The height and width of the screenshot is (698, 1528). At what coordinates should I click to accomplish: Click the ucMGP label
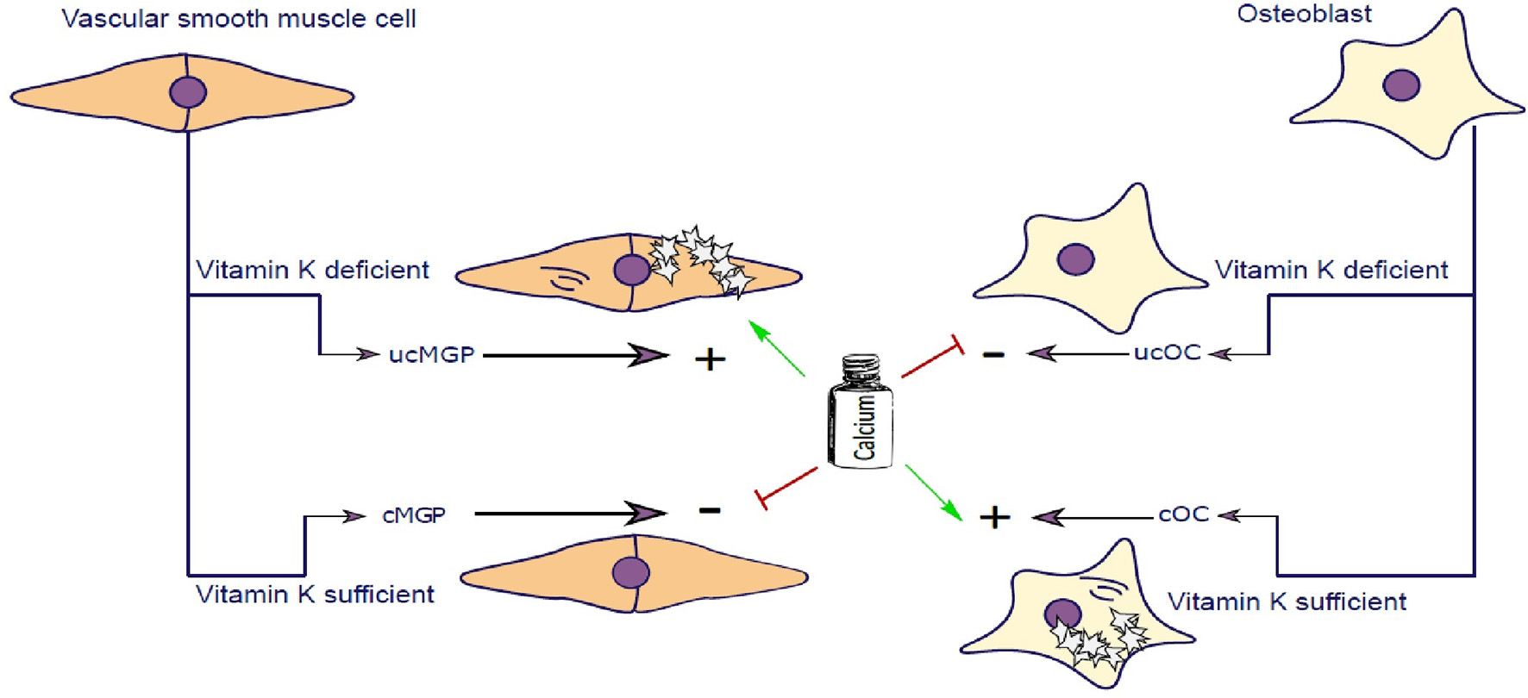(431, 354)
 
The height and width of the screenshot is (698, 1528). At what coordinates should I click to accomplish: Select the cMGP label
(414, 515)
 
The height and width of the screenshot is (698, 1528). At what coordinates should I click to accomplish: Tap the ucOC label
(1167, 352)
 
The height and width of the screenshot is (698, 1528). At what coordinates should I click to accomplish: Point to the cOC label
(1183, 514)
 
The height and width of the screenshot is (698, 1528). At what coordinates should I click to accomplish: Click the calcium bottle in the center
(861, 412)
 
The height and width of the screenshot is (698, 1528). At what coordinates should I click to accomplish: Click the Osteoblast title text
(1304, 14)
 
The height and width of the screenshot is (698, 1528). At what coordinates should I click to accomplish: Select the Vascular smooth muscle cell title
(239, 18)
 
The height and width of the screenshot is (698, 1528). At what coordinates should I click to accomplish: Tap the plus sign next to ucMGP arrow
(710, 358)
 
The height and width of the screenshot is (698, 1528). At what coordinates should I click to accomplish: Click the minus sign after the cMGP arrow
(709, 510)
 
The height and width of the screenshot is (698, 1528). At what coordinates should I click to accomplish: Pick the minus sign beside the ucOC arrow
(993, 353)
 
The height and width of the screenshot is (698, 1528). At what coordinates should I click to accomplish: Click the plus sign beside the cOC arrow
(994, 517)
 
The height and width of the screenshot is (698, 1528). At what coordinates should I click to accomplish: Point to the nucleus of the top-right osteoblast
(1401, 85)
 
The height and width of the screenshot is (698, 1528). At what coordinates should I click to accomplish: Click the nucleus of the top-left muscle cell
(188, 91)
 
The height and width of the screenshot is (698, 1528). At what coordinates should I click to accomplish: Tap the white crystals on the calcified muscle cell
(700, 259)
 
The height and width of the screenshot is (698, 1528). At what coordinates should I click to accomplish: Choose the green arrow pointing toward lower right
(933, 493)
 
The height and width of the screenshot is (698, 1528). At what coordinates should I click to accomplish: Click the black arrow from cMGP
(569, 514)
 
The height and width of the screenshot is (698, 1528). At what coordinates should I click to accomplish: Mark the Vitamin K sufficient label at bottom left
(315, 595)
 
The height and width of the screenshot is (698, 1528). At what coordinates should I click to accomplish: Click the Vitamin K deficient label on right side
(1331, 271)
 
